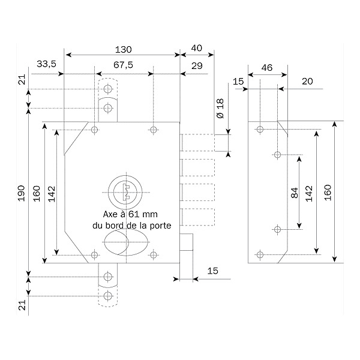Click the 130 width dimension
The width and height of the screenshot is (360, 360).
pos(123,49)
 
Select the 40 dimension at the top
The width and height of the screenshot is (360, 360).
pos(196,49)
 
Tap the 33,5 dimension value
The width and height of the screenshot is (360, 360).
pos(46,64)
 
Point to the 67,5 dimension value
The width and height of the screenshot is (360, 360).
pos(123,64)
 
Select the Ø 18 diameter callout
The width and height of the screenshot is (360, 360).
pos(220,108)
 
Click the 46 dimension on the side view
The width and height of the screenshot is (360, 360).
pos(267,68)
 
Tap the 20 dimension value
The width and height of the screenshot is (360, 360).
pos(307,81)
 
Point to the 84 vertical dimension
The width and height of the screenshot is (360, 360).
pos(294,193)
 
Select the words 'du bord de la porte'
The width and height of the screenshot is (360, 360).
pos(131,226)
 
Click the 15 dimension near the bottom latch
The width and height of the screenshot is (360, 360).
pos(212,271)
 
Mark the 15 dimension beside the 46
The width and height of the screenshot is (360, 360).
pos(238,81)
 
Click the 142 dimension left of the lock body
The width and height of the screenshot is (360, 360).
pos(52,193)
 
